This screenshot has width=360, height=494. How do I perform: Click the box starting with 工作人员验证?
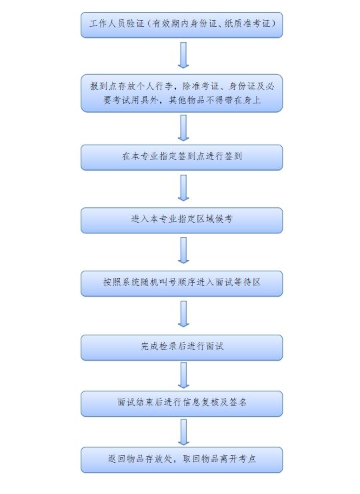pos(182,25)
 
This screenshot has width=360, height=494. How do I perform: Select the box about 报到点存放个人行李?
pos(182,93)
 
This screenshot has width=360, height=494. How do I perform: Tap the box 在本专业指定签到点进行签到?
pos(182,157)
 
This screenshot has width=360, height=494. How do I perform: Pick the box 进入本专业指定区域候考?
pos(182,221)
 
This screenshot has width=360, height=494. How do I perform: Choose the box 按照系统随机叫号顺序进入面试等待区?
pos(182,283)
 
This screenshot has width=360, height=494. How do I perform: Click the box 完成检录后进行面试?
pos(182,347)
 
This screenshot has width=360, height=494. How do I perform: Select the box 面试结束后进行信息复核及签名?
pos(182,403)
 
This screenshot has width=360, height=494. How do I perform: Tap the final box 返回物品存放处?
pos(182,459)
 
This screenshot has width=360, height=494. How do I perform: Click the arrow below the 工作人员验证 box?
pos(183,55)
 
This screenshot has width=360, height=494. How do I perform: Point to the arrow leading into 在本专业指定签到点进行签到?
pos(183,128)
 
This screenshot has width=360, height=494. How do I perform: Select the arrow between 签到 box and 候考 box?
pos(183,188)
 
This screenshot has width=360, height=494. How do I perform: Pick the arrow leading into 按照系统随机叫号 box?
pos(183,251)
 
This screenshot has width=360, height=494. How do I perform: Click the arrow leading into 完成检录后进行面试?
pos(183,314)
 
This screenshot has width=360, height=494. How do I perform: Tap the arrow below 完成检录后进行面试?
pos(183,375)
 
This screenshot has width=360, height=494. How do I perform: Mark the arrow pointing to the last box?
pos(183,432)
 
